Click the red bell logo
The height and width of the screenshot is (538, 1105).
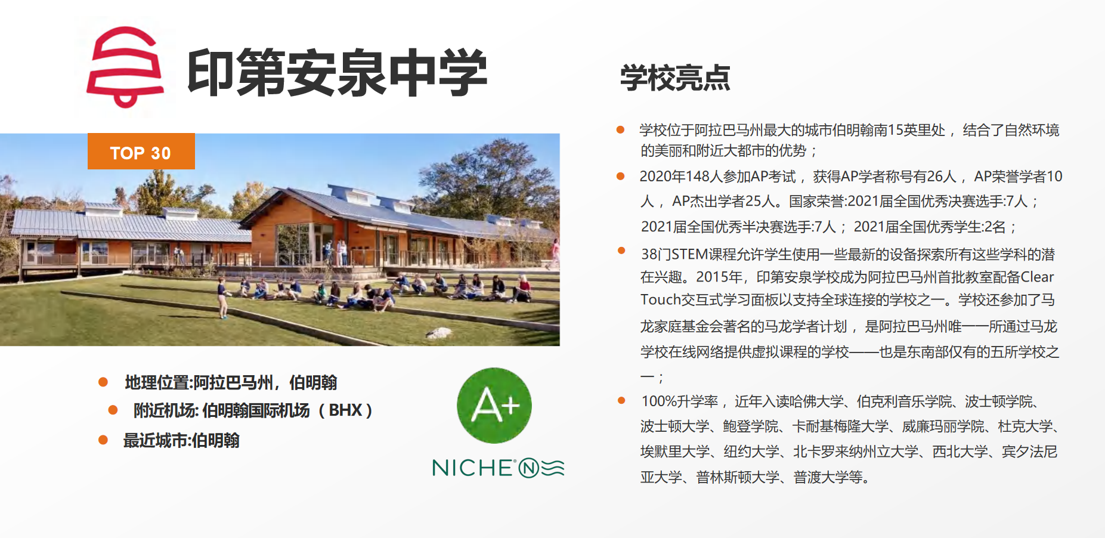pyautogui.click(x=125, y=67)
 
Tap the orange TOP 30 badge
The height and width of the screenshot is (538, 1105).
pyautogui.click(x=141, y=151)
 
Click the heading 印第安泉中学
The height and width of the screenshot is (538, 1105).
pyautogui.click(x=338, y=73)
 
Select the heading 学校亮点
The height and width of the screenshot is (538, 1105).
pyautogui.click(x=675, y=78)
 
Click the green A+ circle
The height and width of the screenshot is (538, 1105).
pyautogui.click(x=494, y=406)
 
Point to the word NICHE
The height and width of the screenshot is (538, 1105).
pyautogui.click(x=472, y=468)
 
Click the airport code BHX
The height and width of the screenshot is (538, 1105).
pyautogui.click(x=345, y=410)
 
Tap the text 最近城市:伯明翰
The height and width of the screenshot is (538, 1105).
pyautogui.click(x=181, y=441)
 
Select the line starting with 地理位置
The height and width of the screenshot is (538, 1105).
pyautogui.click(x=231, y=382)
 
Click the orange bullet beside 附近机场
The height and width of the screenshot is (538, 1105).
pyautogui.click(x=113, y=410)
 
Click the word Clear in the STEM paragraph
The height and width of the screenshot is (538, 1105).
pyautogui.click(x=1037, y=277)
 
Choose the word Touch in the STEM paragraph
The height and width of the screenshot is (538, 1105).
pyautogui.click(x=661, y=299)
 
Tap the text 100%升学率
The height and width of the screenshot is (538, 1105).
pyautogui.click(x=680, y=401)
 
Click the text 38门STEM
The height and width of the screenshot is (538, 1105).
pyautogui.click(x=674, y=255)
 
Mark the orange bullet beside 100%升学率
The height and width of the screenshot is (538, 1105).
pyautogui.click(x=621, y=400)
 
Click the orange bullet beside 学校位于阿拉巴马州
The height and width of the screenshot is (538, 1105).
pyautogui.click(x=620, y=129)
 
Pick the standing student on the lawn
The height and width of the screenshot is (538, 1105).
pyautogui.click(x=222, y=297)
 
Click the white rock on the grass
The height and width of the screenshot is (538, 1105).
pyautogui.click(x=439, y=333)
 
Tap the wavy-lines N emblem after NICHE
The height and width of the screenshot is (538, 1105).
pyautogui.click(x=541, y=468)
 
